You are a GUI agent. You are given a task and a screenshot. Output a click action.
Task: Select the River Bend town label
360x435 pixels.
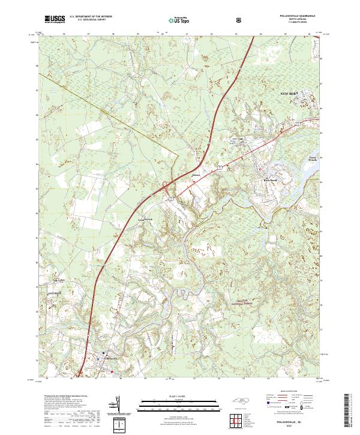268,179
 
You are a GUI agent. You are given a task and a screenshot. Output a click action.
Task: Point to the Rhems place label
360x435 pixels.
196,175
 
